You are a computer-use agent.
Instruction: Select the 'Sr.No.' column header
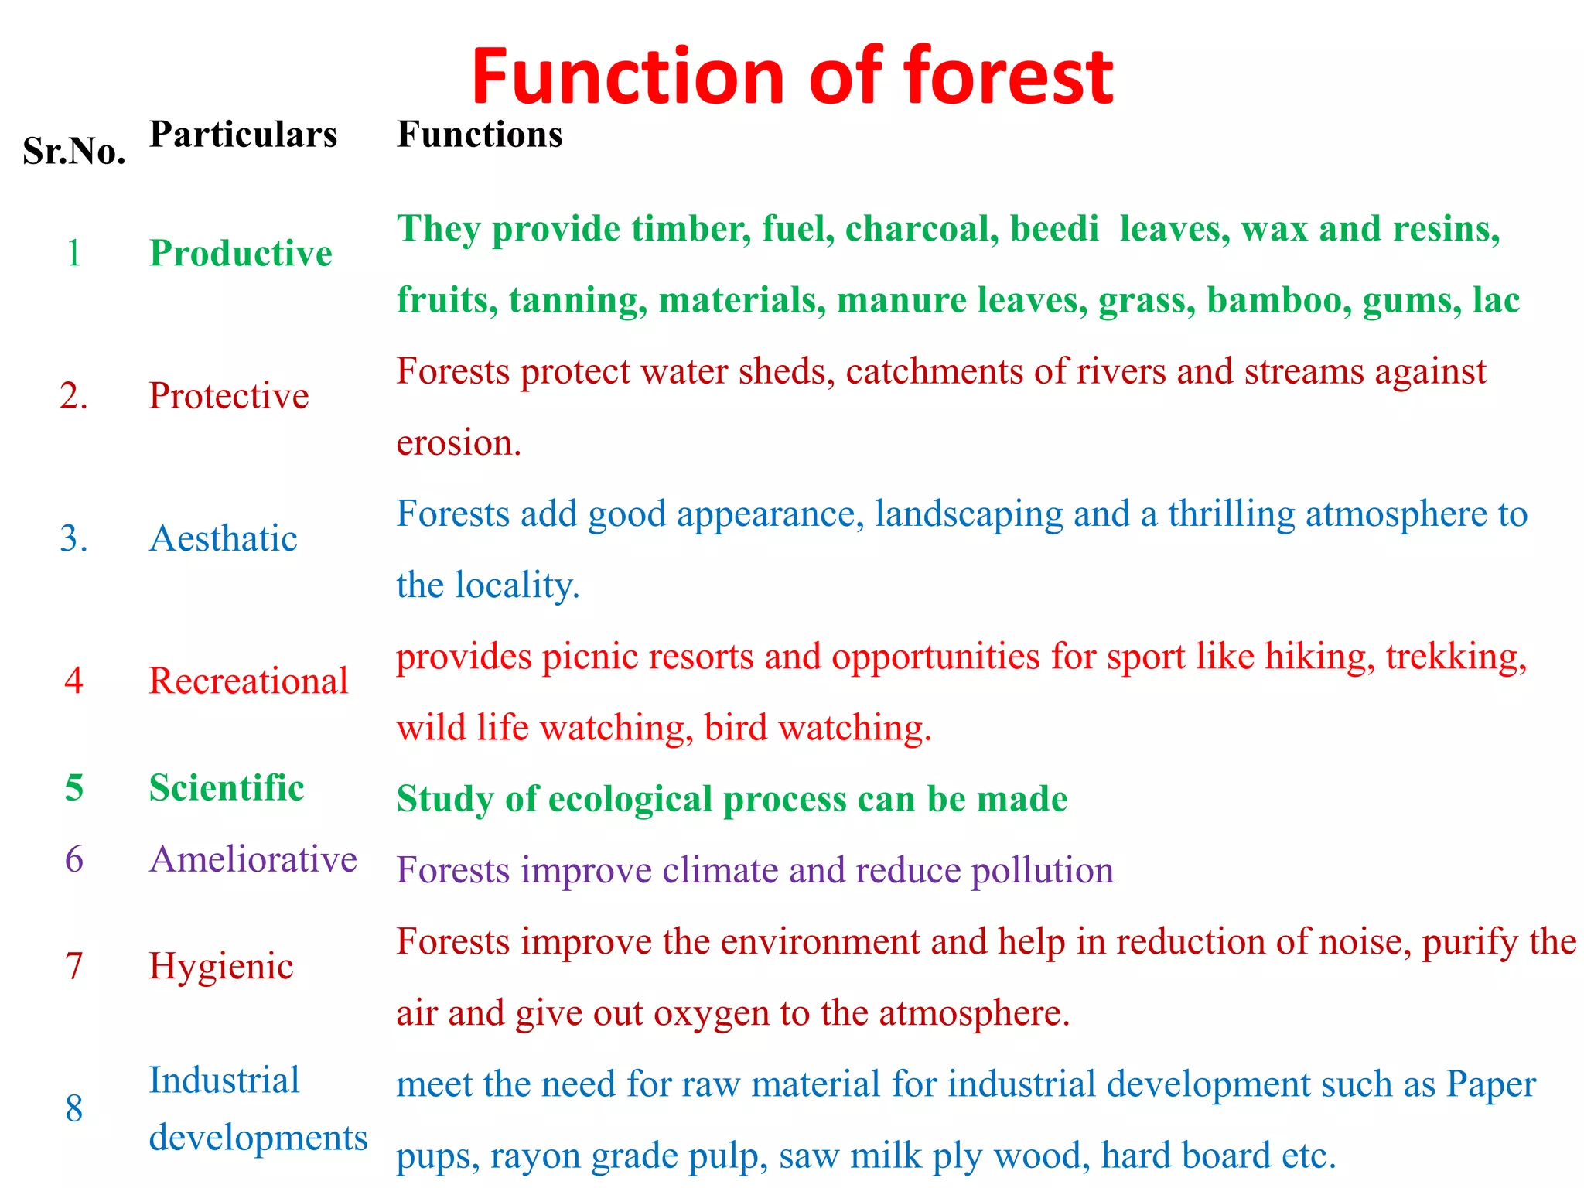74,151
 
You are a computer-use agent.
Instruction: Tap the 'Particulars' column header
243,135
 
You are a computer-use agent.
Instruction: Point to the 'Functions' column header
480,135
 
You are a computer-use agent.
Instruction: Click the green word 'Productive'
241,254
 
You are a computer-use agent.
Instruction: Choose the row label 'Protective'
229,396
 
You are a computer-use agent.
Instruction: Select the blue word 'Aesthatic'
223,538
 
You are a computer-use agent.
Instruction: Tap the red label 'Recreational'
248,681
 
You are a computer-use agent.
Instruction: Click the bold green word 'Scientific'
227,788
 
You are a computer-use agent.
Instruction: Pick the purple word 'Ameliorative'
253,859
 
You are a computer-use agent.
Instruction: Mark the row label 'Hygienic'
221,967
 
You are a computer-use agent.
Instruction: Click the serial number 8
74,1109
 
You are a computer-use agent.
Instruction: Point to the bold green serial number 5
74,788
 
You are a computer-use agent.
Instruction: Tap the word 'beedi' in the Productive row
1054,229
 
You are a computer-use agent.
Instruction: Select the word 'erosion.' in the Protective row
459,443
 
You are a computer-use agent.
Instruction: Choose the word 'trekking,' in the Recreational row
1456,657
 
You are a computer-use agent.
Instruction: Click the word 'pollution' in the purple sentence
1042,871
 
